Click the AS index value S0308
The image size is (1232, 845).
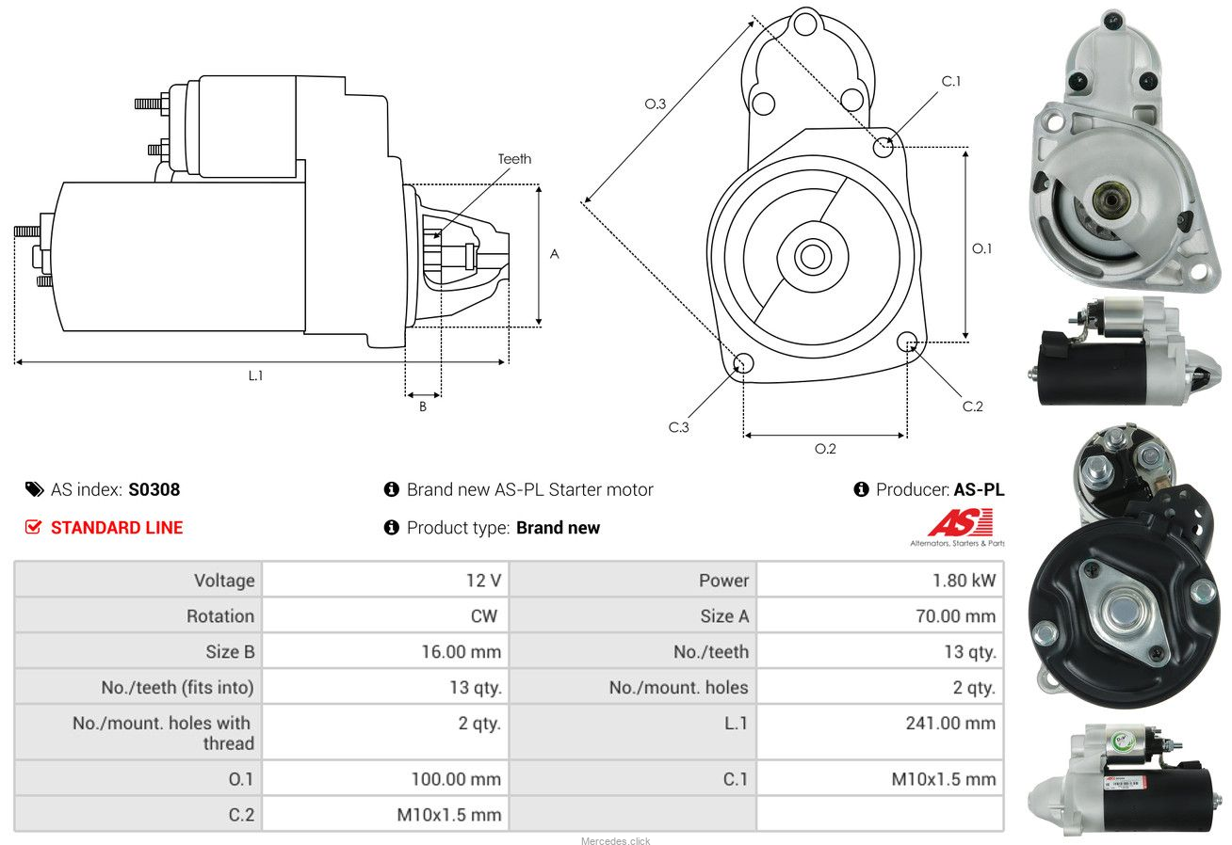click(x=154, y=489)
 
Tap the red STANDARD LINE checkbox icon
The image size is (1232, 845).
click(x=33, y=527)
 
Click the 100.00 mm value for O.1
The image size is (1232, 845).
click(x=456, y=778)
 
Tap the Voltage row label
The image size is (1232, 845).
click(x=224, y=580)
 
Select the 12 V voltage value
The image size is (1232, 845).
click(x=483, y=580)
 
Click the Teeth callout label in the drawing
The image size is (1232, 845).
click(x=514, y=159)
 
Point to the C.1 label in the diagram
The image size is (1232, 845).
click(x=951, y=82)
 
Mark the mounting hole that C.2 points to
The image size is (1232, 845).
click(x=908, y=342)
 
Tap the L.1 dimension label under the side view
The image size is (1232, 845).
click(x=255, y=375)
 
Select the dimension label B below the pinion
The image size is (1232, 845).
click(x=423, y=407)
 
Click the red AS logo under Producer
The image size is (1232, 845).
click(x=960, y=523)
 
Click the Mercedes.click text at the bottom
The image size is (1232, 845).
click(x=615, y=840)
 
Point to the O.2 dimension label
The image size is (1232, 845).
click(x=825, y=449)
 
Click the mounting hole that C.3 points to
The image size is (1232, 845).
click(x=742, y=363)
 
